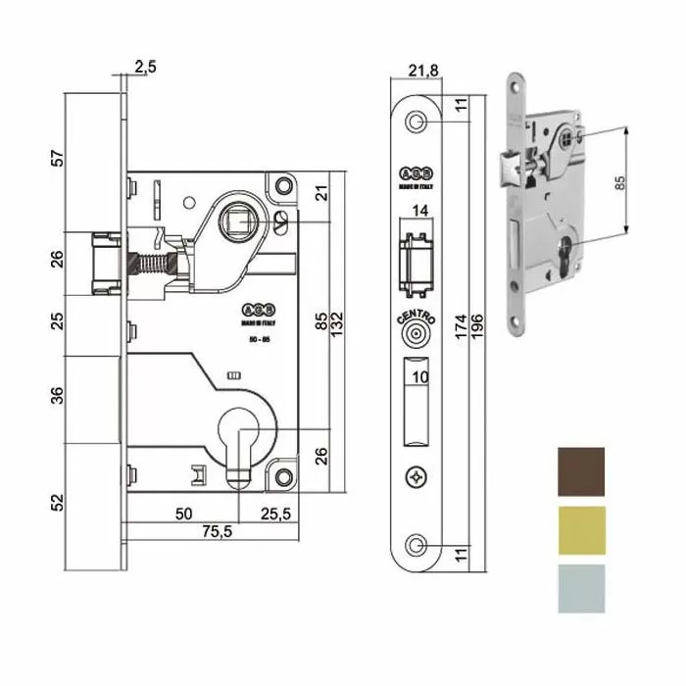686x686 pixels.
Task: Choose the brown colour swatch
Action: click(581, 473)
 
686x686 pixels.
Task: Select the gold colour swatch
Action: click(581, 531)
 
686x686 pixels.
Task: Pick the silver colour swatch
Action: click(581, 588)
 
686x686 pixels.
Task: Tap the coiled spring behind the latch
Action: click(151, 264)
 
